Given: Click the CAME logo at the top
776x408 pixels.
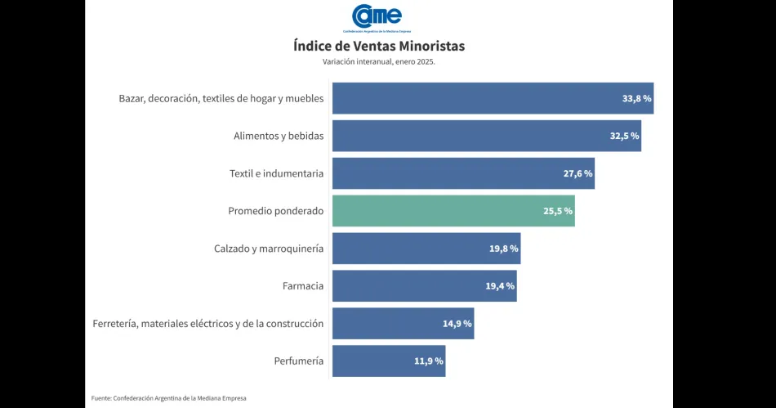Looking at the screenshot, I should (377, 16).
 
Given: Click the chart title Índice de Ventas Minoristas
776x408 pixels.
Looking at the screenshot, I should (379, 46).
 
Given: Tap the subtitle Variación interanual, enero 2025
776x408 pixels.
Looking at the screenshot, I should (379, 62).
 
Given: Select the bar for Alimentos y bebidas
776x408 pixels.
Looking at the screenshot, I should (486, 136).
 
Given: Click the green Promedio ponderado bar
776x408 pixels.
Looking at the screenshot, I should (453, 211).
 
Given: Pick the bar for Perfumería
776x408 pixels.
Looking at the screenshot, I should (389, 361).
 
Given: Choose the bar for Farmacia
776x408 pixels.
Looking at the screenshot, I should (424, 286).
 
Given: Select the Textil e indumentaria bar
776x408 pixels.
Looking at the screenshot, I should (463, 173).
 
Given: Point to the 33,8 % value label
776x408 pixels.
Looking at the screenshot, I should (636, 98).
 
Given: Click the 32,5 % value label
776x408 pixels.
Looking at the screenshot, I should (624, 136).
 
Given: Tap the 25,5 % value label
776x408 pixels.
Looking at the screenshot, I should (558, 211).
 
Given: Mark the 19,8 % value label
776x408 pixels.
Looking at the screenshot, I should (503, 249).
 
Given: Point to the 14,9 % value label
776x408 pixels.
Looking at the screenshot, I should (457, 324).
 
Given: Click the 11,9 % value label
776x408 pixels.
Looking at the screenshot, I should (429, 361).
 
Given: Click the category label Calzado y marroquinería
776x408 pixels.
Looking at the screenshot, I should (269, 249).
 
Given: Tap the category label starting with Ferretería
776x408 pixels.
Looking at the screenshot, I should (208, 324).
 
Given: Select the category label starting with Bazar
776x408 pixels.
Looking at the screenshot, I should (221, 98).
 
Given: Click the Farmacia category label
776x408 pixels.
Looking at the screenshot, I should (302, 286).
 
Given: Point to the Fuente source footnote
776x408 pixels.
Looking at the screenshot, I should (168, 398).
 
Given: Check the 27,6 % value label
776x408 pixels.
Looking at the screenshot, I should (578, 173).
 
